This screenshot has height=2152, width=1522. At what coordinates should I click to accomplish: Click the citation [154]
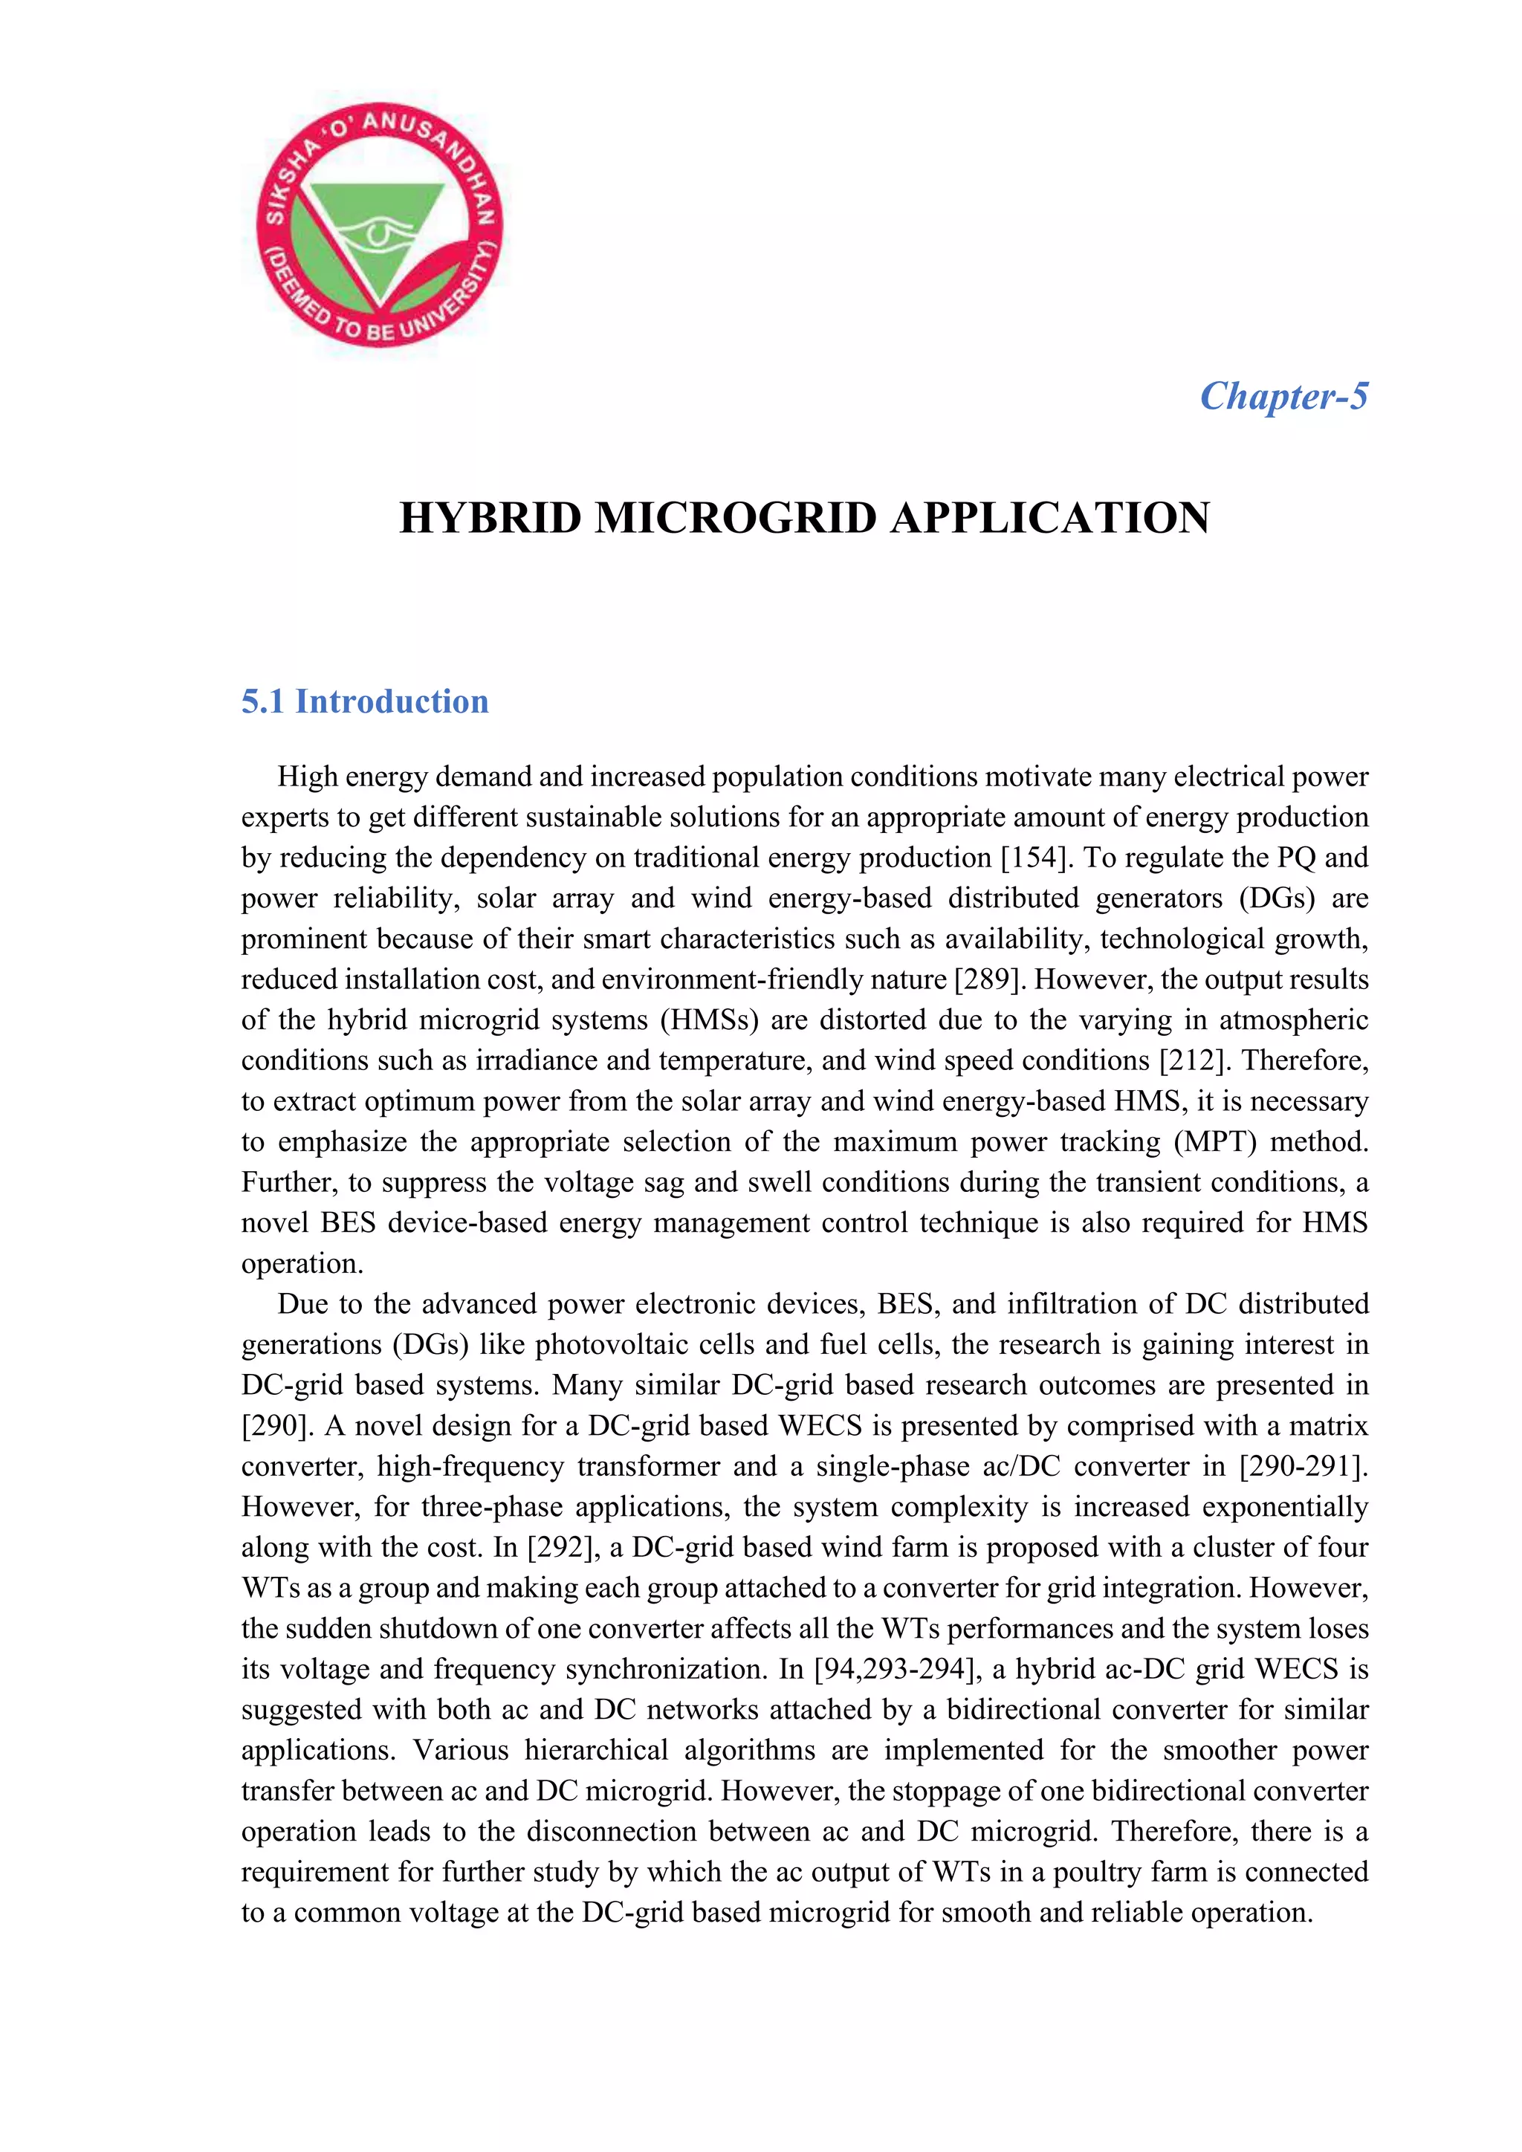(x=1034, y=858)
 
